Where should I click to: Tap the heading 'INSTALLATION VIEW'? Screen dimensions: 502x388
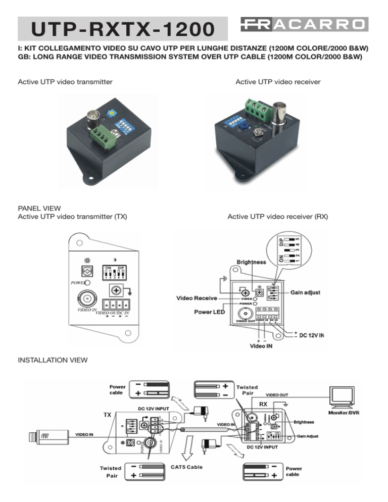click(52, 361)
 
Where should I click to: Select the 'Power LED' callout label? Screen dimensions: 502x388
click(210, 312)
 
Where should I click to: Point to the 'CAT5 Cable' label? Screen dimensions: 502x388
click(187, 467)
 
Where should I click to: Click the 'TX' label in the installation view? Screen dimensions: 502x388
click(107, 415)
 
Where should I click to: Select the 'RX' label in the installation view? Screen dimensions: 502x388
click(263, 404)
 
